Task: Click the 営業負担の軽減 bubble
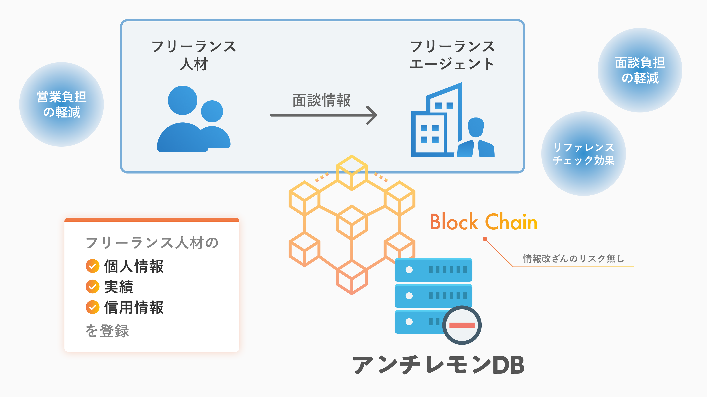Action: click(x=61, y=104)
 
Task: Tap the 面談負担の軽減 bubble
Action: click(x=640, y=70)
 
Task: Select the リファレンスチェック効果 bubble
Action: click(x=583, y=154)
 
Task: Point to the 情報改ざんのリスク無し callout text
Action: click(x=574, y=259)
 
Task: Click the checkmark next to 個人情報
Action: click(x=92, y=266)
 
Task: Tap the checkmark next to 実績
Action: click(x=92, y=287)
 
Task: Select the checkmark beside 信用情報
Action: click(x=92, y=307)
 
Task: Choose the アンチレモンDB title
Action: click(x=438, y=365)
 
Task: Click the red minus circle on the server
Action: click(x=462, y=325)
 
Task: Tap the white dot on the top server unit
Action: click(x=409, y=270)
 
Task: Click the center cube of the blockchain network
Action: click(x=352, y=222)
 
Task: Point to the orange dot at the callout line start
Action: click(x=485, y=239)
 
